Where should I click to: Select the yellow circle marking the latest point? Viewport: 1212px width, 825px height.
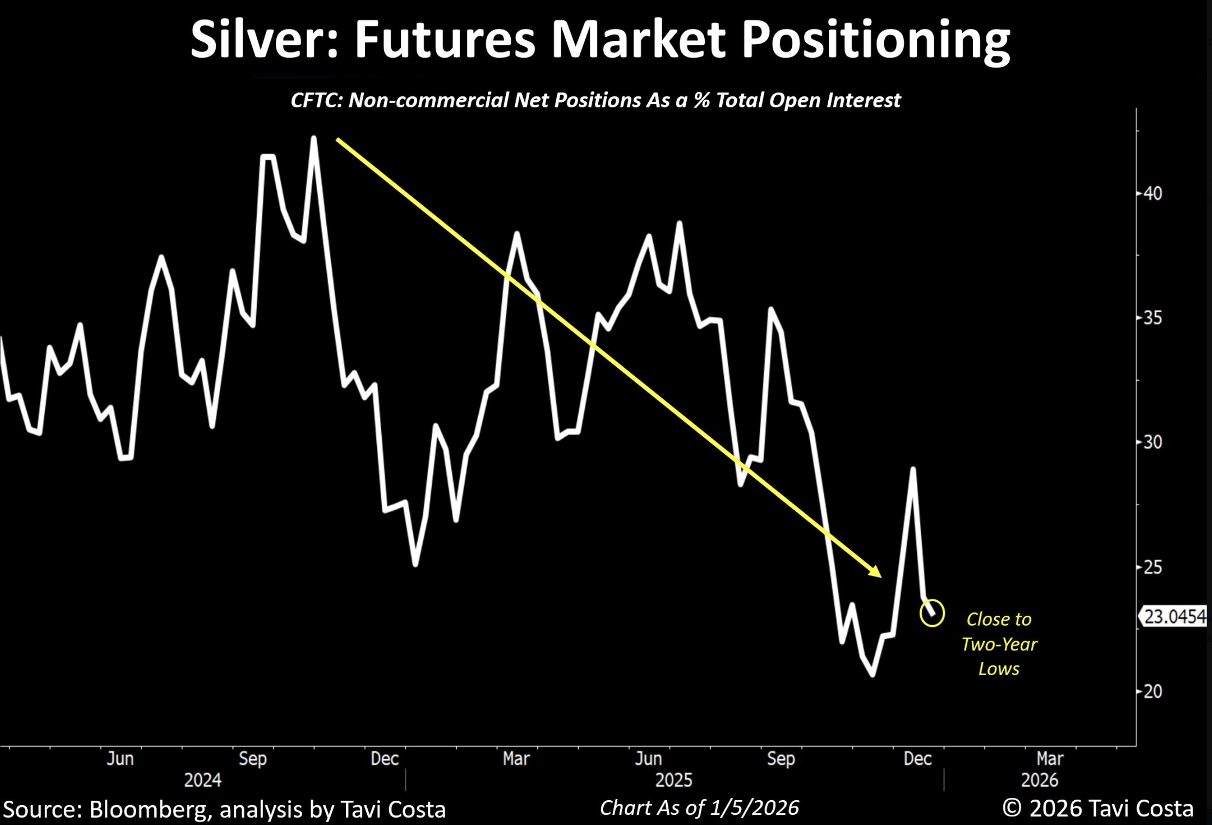[x=932, y=612]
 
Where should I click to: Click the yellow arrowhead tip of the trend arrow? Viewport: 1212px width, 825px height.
[x=880, y=576]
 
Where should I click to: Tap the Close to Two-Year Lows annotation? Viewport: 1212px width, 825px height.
[x=998, y=644]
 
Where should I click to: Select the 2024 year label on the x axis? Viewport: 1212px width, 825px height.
[x=202, y=780]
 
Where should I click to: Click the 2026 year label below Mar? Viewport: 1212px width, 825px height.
[x=1039, y=780]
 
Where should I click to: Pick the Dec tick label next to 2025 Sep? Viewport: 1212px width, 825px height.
[x=917, y=758]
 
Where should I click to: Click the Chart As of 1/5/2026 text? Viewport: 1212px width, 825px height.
[x=699, y=808]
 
